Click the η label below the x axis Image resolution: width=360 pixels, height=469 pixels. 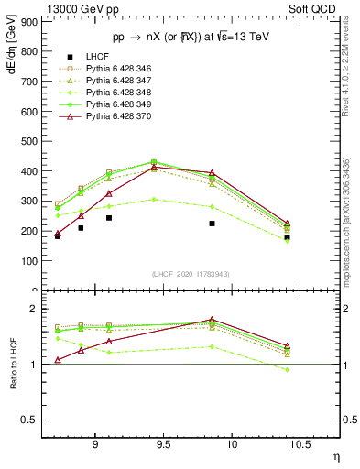pyautogui.click(x=334, y=455)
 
